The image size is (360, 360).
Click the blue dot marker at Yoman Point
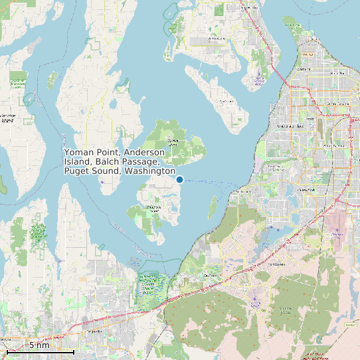[179, 179]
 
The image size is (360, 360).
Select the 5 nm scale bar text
[39, 345]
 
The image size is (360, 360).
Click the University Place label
[290, 125]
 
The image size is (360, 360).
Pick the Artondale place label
[217, 39]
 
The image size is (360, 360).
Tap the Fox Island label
[226, 102]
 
